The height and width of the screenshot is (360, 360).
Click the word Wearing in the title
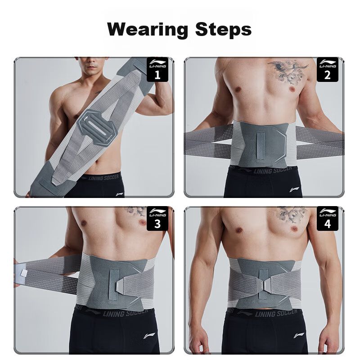pyautogui.click(x=147, y=30)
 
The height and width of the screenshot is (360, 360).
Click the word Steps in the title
pyautogui.click(x=223, y=29)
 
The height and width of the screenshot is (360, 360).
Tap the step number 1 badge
pyautogui.click(x=157, y=69)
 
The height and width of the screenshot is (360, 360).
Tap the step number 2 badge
pyautogui.click(x=328, y=69)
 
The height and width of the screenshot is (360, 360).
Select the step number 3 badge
pyautogui.click(x=157, y=218)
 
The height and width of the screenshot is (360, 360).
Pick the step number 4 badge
pyautogui.click(x=328, y=218)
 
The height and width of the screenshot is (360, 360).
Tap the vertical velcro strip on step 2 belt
pyautogui.click(x=261, y=146)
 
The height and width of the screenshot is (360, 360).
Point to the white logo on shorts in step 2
pyautogui.click(x=294, y=190)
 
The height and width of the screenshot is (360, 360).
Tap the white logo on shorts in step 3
pyautogui.click(x=149, y=336)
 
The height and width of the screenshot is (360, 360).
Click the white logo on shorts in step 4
pyautogui.click(x=299, y=335)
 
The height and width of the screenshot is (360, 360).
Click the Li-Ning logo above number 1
pyautogui.click(x=157, y=63)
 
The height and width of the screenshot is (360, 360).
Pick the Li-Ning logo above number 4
pyautogui.click(x=328, y=212)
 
